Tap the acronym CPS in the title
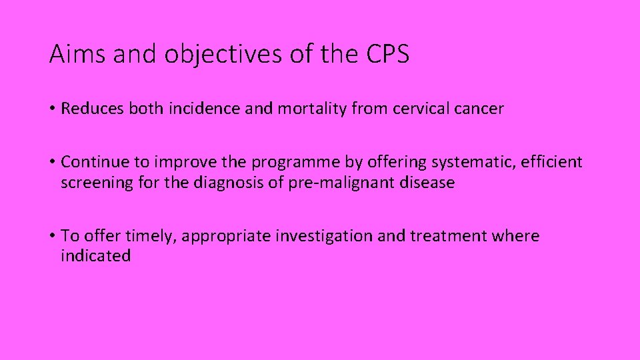point(387,55)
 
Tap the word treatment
point(449,236)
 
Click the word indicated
point(95,256)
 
